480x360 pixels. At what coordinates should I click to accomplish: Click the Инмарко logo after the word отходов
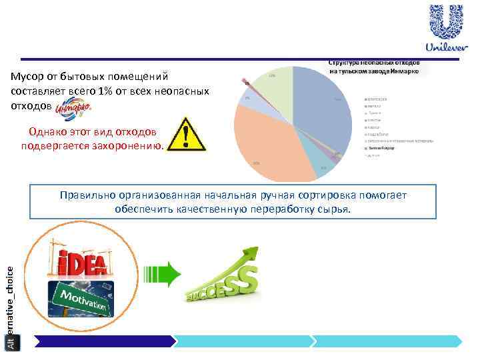[x=69, y=107]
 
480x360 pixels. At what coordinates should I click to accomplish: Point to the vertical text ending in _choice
[x=9, y=300]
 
